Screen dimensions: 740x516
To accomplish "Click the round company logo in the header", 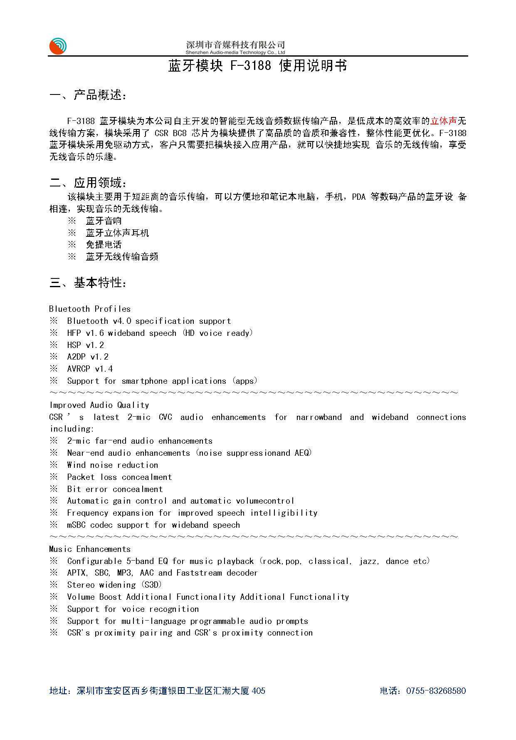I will pos(58,46).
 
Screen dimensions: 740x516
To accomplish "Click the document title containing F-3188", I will pos(257,66).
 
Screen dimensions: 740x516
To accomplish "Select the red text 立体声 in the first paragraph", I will pos(443,121).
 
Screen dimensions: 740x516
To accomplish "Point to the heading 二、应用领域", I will pos(88,183).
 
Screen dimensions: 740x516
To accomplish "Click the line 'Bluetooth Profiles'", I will pos(90,309).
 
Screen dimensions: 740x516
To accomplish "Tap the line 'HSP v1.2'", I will pos(86,345).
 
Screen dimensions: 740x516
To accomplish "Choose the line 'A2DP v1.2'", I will pos(88,357).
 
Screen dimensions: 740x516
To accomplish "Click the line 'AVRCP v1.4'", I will pos(90,369).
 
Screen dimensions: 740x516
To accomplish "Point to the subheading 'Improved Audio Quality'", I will pos(99,405).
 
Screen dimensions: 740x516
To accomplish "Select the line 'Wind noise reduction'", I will pos(113,465).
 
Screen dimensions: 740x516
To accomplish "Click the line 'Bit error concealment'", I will pos(115,489).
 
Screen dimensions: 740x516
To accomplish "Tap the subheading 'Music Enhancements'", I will pos(90,549).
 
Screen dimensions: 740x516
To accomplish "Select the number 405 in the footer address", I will pos(259,691).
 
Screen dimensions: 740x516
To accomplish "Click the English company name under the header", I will pos(235,53).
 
